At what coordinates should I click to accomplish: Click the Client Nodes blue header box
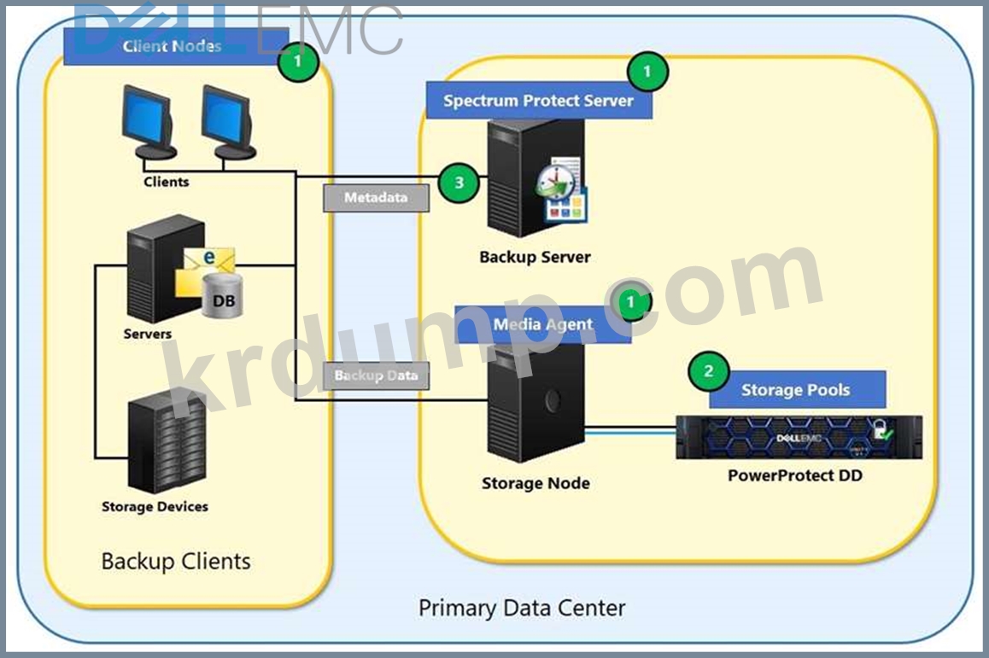(176, 46)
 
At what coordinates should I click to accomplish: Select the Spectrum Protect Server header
(539, 100)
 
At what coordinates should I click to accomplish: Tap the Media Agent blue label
(542, 324)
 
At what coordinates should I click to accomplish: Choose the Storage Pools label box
(797, 389)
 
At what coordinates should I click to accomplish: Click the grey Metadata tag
(376, 197)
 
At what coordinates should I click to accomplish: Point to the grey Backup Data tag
(376, 376)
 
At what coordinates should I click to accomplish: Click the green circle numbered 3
(459, 183)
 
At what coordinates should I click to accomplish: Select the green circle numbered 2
(708, 371)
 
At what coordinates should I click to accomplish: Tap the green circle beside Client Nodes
(298, 61)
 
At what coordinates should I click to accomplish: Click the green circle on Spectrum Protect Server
(647, 71)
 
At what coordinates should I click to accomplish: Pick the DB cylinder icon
(223, 295)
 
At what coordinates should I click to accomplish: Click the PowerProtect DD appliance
(799, 437)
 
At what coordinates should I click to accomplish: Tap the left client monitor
(148, 122)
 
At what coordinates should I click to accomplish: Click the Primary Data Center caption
(522, 608)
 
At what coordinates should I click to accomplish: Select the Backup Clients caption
(176, 561)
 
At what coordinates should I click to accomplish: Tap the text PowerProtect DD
(795, 475)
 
